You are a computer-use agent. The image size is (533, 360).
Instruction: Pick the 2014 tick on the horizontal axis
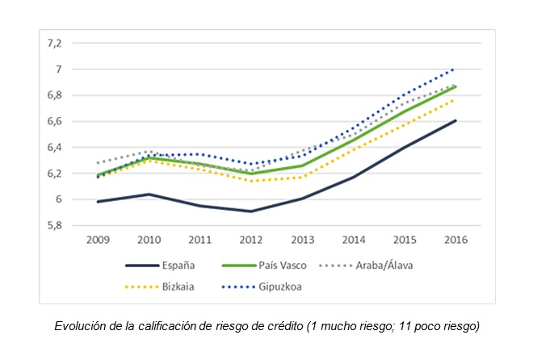[355, 240]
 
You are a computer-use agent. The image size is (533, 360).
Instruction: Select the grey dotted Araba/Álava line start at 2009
[97, 163]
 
